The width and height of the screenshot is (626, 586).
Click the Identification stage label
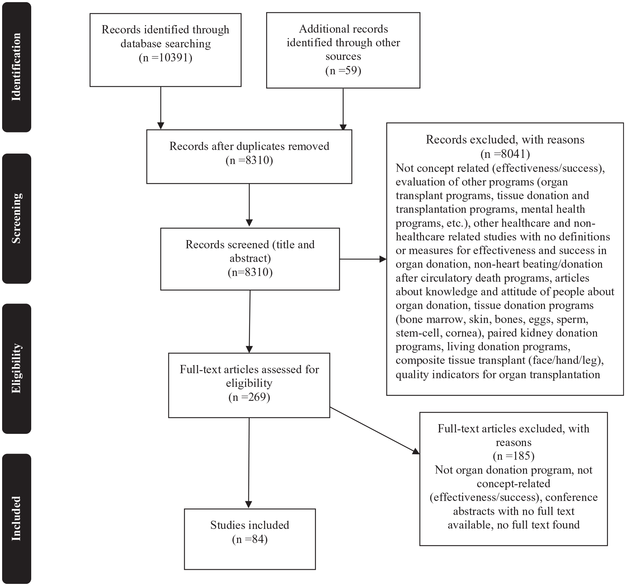(17, 67)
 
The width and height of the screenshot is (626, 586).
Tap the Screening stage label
(17, 219)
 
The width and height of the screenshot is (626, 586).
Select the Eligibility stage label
(17, 369)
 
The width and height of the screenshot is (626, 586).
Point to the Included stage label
(17, 519)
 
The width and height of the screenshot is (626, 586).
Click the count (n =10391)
(165, 58)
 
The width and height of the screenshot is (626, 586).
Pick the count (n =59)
(343, 70)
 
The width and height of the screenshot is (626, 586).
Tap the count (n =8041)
(505, 154)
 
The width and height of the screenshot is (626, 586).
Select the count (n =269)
(249, 397)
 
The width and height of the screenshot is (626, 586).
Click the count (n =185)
(513, 456)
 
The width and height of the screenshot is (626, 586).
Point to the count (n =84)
(250, 539)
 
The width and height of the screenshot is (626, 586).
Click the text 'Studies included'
(250, 525)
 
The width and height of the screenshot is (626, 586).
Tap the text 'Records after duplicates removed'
(249, 146)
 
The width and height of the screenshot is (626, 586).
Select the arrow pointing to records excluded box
(363, 259)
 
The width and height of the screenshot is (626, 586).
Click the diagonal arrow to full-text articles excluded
(375, 431)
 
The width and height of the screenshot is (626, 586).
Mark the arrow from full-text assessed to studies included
(249, 463)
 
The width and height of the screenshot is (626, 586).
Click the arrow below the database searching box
(161, 108)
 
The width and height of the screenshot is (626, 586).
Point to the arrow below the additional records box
(343, 109)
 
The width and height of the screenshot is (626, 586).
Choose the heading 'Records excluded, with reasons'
(505, 140)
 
